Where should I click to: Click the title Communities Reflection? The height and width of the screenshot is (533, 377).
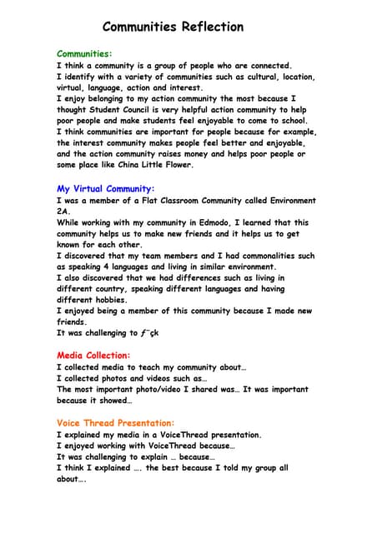[x=173, y=27]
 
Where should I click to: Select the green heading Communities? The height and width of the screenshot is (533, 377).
[x=84, y=53]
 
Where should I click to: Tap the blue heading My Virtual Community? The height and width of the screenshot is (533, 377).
[x=105, y=189]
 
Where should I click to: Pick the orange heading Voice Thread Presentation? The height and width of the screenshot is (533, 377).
[x=115, y=423]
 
